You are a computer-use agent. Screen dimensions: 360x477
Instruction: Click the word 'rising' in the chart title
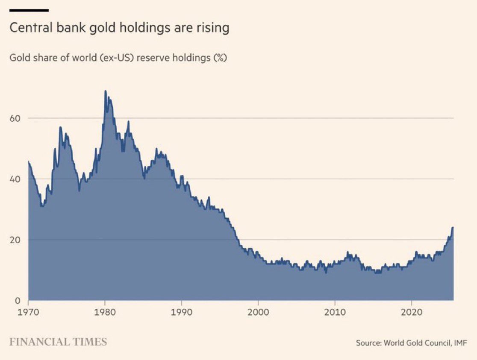tap(213, 28)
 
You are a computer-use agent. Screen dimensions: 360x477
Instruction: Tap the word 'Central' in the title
tap(28, 28)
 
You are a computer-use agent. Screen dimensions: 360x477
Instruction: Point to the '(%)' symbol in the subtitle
tap(219, 58)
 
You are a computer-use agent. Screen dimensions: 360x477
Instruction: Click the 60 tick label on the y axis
tap(15, 118)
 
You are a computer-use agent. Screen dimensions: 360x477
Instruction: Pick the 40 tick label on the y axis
tap(15, 179)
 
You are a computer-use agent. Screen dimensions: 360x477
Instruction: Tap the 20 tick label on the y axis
tap(15, 240)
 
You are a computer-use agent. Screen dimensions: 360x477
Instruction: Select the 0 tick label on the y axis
tap(18, 301)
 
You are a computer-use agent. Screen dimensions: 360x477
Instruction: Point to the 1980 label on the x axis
tap(105, 313)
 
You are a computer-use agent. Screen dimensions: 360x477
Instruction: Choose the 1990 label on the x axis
tap(182, 313)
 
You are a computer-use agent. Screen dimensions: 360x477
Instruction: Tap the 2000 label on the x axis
tap(258, 313)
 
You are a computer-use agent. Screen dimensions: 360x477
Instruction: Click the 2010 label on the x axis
tap(335, 313)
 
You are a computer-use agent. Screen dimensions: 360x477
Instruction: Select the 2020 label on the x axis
tap(411, 313)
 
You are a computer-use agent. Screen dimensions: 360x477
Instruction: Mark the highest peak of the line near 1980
tap(105, 91)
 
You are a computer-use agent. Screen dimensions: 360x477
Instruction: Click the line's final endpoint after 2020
tap(453, 228)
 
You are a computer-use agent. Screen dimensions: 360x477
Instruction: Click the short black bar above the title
tap(29, 10)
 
